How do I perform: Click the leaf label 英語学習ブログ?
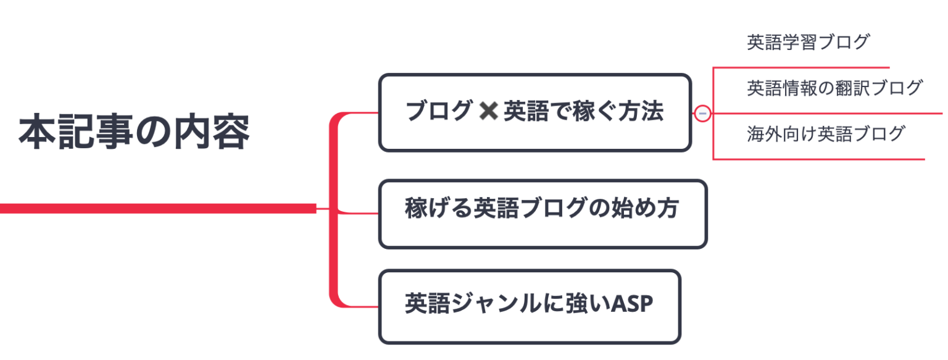click(808, 43)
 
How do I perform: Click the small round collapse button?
click(702, 114)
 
